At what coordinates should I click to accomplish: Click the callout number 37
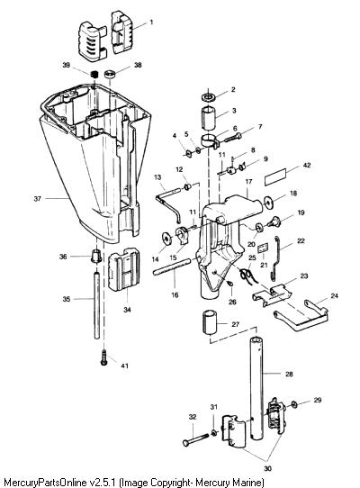tap(37, 198)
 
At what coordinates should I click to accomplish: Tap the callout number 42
tap(307, 165)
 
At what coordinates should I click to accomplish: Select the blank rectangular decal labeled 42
tap(275, 177)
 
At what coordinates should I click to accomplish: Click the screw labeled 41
tap(103, 357)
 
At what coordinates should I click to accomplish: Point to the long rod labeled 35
tap(97, 306)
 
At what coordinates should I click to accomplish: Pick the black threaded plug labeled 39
tap(94, 75)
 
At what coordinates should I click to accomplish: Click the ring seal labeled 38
tap(110, 75)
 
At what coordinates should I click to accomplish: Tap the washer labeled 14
tap(167, 239)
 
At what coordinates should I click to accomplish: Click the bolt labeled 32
tap(196, 439)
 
